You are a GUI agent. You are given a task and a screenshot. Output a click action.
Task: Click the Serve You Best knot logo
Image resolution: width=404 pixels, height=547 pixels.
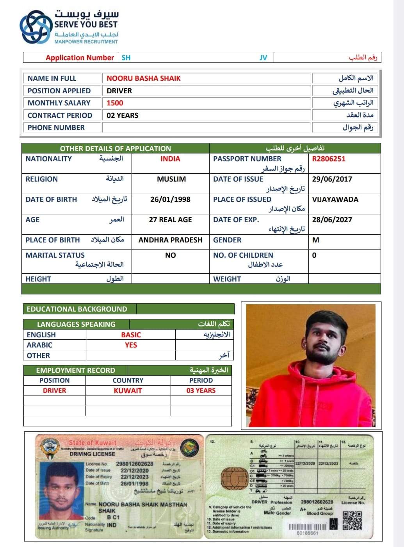tap(36, 27)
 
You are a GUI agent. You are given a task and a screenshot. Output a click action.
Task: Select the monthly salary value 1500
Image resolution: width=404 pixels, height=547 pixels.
tap(115, 103)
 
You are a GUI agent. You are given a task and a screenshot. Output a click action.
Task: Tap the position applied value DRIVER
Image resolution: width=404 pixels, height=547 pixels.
tap(119, 91)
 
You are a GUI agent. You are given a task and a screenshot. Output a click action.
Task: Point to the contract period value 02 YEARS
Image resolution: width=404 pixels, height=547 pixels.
tap(123, 116)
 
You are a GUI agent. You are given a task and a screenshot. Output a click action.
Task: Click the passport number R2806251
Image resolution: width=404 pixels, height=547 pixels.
tap(329, 159)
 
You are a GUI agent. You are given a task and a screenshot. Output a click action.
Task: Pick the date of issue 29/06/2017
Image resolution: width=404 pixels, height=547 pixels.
tap(332, 179)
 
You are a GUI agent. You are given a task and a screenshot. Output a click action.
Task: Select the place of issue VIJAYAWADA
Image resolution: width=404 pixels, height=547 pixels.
tap(335, 200)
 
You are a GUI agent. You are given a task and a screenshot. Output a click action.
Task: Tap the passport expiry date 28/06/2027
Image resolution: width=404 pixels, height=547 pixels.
tap(332, 220)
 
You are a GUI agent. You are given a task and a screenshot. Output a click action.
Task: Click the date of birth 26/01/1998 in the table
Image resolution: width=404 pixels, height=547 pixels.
tap(170, 200)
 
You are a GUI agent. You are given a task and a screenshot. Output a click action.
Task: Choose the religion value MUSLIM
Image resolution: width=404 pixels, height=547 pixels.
tap(171, 179)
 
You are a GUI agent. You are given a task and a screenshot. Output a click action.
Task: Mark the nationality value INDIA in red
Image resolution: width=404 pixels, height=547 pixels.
tap(170, 159)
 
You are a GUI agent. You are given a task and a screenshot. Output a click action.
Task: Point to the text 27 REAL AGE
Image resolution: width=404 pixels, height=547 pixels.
tap(170, 220)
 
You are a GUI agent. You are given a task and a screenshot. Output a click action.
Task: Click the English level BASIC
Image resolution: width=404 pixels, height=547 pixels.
tap(131, 335)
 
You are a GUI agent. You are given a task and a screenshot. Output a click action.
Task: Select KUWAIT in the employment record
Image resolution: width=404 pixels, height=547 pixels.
tap(128, 391)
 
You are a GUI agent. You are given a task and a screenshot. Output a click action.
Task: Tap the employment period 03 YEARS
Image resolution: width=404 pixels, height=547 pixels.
tap(201, 391)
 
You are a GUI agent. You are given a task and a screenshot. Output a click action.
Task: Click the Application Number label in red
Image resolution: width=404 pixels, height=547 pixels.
tap(80, 58)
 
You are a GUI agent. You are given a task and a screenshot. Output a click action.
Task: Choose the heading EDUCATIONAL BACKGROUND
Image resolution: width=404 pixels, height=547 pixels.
tap(77, 309)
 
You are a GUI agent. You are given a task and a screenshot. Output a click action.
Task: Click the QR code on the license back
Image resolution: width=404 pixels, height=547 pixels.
tap(352, 521)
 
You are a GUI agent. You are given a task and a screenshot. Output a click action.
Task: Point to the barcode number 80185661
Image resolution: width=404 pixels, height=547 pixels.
tap(308, 533)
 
